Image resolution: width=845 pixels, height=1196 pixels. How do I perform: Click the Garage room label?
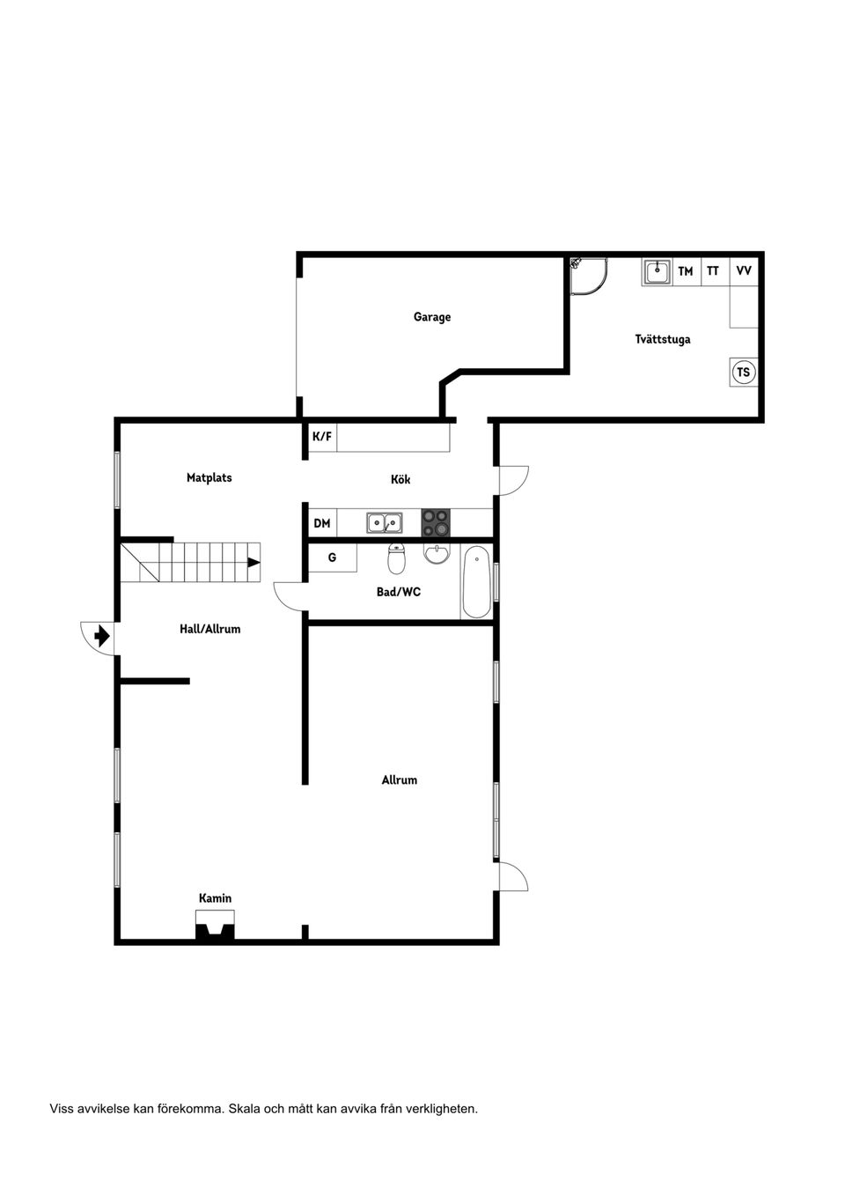[431, 317]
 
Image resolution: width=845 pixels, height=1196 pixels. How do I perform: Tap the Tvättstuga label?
[662, 339]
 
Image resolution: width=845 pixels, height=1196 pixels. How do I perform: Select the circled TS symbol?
[743, 373]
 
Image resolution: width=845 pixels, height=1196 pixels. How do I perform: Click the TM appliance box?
[685, 271]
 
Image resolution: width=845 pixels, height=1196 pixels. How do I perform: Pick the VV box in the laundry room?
[744, 271]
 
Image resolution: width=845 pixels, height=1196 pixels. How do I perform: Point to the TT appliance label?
[713, 271]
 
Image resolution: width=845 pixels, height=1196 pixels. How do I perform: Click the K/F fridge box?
[322, 437]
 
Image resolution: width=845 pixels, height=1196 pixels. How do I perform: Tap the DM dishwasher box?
[322, 523]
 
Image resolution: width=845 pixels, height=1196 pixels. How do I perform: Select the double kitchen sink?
[384, 523]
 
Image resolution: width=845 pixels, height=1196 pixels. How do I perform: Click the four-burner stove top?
[435, 523]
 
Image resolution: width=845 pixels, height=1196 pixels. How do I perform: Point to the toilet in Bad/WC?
[397, 558]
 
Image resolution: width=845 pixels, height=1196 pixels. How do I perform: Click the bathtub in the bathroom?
[476, 581]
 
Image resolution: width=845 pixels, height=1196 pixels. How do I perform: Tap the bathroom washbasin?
[437, 553]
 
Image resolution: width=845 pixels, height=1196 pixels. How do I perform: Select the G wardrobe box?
[332, 557]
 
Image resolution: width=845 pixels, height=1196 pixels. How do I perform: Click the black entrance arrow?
[102, 635]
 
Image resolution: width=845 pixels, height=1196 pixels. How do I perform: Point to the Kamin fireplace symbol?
[215, 927]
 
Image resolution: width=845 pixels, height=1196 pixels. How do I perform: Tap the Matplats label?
[209, 478]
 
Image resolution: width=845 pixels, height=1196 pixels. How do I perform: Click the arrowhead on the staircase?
[253, 562]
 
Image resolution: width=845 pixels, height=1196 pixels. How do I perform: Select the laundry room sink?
[657, 272]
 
